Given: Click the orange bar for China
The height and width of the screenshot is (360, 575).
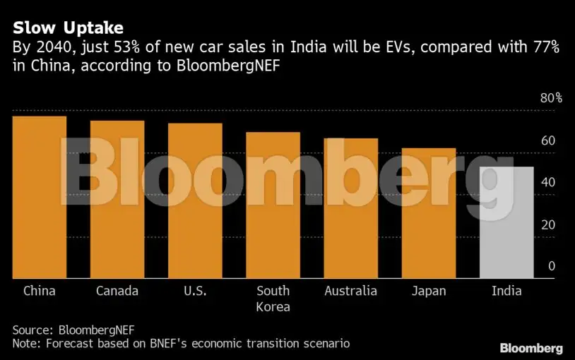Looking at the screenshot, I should coord(40,198).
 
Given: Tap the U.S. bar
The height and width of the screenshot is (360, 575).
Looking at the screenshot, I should coord(195,201).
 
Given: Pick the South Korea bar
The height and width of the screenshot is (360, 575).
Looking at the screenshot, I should coord(273,205).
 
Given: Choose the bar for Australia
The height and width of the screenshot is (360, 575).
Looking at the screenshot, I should coord(350,208).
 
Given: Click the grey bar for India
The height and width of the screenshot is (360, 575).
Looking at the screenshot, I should coord(506,222).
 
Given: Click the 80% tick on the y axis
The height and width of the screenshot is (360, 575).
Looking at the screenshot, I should coord(551,98).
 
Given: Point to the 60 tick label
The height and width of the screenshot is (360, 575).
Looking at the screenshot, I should coord(547,140).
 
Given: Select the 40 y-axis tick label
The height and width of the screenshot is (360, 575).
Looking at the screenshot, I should coord(547,183).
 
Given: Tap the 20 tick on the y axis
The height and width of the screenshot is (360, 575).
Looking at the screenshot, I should coord(547,225).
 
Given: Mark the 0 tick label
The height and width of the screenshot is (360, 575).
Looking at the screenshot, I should coord(551,267).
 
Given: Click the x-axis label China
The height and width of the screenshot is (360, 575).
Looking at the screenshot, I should coord(40,291).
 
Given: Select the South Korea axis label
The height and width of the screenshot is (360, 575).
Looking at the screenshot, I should coord(273,299).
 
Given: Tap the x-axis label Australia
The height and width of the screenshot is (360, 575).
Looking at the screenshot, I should coord(350,291).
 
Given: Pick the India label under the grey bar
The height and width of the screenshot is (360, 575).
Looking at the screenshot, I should coord(506,291).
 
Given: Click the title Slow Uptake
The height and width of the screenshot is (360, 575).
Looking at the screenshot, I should coord(68,28).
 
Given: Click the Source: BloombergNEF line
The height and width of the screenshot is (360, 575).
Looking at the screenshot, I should coord(73,330).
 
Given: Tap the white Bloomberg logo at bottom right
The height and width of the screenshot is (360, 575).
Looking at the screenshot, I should coord(531,348).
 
